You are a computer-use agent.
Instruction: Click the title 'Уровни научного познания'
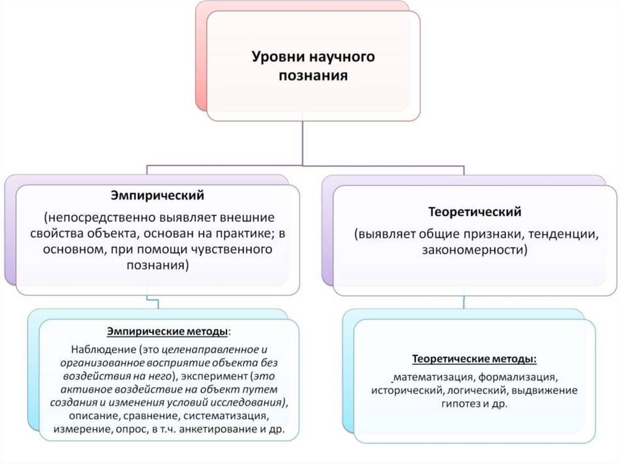pyautogui.click(x=313, y=67)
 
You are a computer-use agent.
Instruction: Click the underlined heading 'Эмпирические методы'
pyautogui.click(x=168, y=332)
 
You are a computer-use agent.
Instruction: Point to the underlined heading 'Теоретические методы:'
pyautogui.click(x=475, y=359)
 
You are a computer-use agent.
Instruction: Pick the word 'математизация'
pyautogui.click(x=430, y=376)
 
